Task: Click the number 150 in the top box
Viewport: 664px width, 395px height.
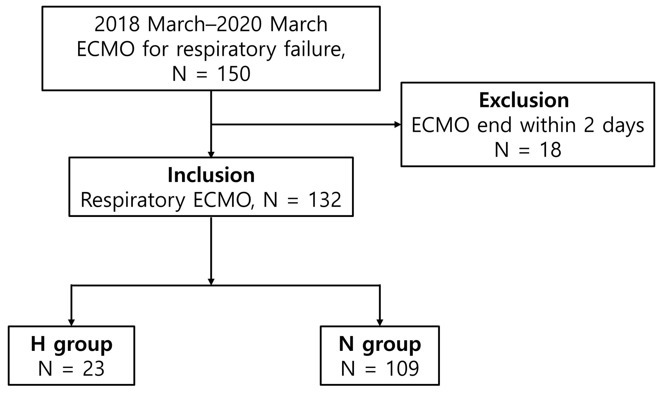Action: pyautogui.click(x=234, y=74)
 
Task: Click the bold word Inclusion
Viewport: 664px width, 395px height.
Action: pyautogui.click(x=211, y=175)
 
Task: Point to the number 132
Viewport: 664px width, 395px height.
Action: pyautogui.click(x=324, y=200)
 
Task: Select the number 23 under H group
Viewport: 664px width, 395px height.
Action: pyautogui.click(x=93, y=369)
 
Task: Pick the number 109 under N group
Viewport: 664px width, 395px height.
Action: pyautogui.click(x=402, y=369)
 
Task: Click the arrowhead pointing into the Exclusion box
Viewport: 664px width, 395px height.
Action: pyautogui.click(x=398, y=124)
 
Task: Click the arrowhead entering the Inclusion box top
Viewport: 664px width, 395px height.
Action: pyautogui.click(x=211, y=155)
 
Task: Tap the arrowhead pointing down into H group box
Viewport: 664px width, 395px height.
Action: pyautogui.click(x=71, y=322)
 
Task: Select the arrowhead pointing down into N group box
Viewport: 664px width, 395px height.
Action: pyautogui.click(x=380, y=322)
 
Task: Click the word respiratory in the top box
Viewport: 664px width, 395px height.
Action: pyautogui.click(x=226, y=50)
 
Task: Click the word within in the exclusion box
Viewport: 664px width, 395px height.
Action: pyautogui.click(x=548, y=125)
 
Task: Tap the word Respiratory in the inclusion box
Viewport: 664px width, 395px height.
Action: pyautogui.click(x=132, y=200)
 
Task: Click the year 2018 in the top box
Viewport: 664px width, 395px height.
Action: pyautogui.click(x=117, y=24)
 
